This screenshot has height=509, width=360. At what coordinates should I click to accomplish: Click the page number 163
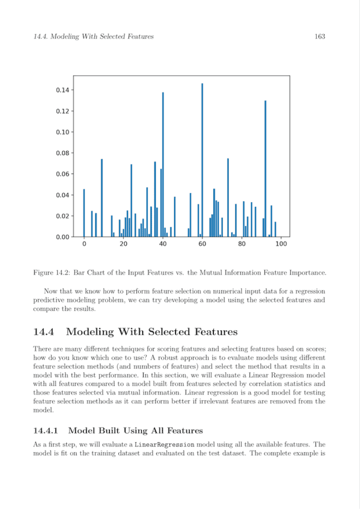point(320,36)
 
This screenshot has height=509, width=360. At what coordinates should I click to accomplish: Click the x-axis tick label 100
point(281,245)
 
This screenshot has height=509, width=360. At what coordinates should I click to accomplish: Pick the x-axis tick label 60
point(202,245)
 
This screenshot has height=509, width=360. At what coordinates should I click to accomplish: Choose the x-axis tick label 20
point(123,245)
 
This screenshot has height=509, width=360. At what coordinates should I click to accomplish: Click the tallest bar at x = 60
point(202,159)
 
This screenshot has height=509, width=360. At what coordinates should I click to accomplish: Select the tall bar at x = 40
point(163,164)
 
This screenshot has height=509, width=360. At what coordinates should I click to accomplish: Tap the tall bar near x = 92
point(265,169)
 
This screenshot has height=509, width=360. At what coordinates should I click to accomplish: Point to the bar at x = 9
point(101,199)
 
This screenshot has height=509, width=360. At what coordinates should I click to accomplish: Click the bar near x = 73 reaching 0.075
point(228,199)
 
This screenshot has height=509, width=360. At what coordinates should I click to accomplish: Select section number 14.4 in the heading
point(44,332)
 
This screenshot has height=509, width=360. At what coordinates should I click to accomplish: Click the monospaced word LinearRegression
point(164,444)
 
